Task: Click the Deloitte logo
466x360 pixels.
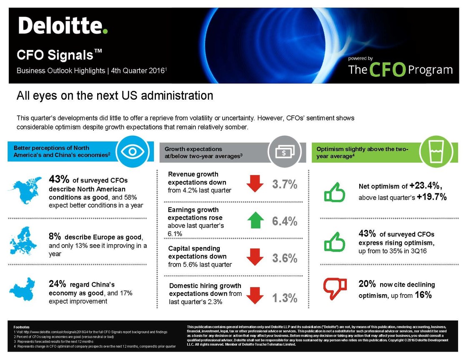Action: (x=63, y=26)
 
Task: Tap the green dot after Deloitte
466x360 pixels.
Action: (x=105, y=31)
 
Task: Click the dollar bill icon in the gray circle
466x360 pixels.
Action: (x=284, y=152)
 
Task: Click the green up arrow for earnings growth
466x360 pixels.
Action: (x=255, y=220)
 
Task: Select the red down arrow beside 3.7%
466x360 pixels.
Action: (x=255, y=184)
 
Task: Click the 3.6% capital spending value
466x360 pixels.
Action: (x=285, y=258)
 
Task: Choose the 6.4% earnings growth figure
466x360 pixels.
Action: (x=285, y=221)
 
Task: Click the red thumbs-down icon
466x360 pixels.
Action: (x=335, y=286)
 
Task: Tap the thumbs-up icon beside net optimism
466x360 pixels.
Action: (x=335, y=193)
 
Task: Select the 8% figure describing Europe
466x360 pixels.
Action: (x=55, y=237)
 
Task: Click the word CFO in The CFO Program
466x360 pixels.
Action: (x=387, y=70)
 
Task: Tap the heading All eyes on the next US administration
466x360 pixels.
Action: (x=115, y=96)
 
